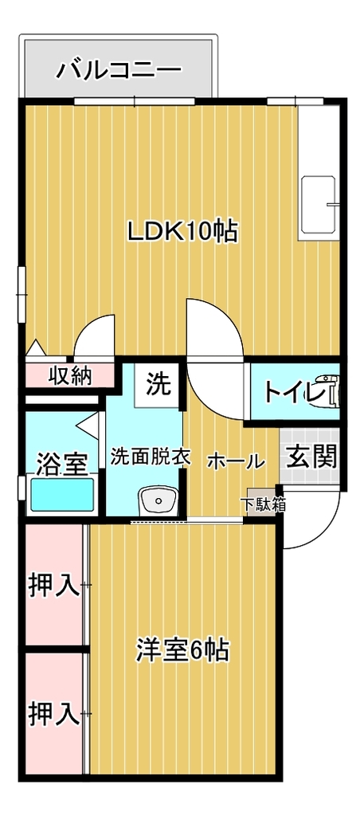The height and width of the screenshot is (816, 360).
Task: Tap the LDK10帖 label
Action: (183, 231)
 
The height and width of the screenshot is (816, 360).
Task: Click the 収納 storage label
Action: (70, 375)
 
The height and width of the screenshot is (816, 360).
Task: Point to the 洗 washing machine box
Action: (158, 385)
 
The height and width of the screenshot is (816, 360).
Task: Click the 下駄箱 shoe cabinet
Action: (263, 502)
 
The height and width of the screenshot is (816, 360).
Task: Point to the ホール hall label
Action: (237, 461)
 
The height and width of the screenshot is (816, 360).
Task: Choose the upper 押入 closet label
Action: (53, 586)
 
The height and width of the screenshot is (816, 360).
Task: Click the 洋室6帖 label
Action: (182, 650)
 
